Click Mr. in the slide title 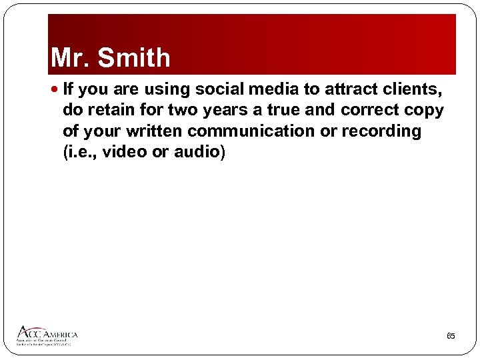pos(71,58)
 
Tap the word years pos(219,109)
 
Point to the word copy pos(425,109)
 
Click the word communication pos(251,131)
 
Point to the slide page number pos(451,336)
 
